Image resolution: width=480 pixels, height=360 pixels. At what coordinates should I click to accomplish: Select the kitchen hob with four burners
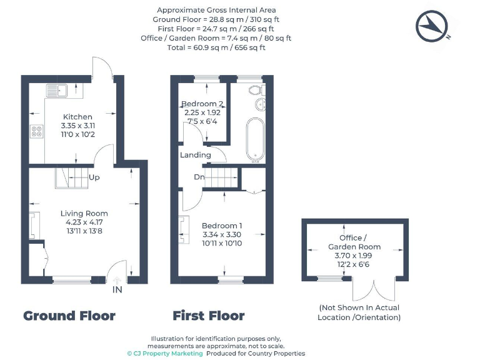point(37,132)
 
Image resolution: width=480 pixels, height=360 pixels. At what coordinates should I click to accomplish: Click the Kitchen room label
point(77,117)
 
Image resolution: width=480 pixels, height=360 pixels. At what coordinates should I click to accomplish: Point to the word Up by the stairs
point(95,177)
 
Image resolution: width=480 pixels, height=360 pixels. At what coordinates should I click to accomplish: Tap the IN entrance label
point(117,291)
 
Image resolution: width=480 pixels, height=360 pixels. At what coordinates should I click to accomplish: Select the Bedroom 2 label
point(202,104)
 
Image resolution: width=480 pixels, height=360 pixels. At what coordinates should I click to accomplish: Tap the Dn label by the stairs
point(199,177)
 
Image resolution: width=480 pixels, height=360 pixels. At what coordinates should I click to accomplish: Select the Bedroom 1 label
point(222,226)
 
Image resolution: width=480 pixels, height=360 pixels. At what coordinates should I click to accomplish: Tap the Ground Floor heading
point(69,316)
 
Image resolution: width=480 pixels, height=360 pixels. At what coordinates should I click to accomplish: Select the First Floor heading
point(209,316)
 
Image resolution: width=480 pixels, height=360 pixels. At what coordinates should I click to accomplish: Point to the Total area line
point(217,47)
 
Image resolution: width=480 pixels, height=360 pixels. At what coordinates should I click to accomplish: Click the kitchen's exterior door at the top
point(102,69)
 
